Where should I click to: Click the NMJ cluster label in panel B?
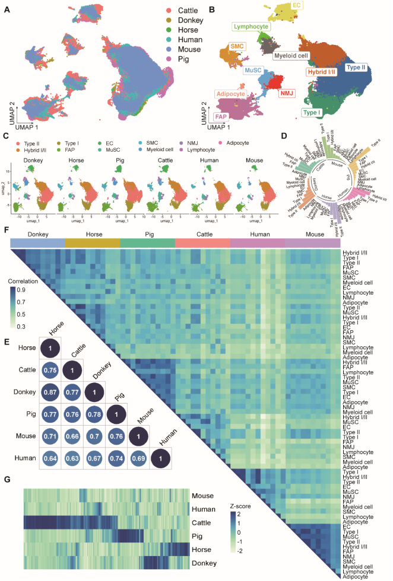tap(288, 93)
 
